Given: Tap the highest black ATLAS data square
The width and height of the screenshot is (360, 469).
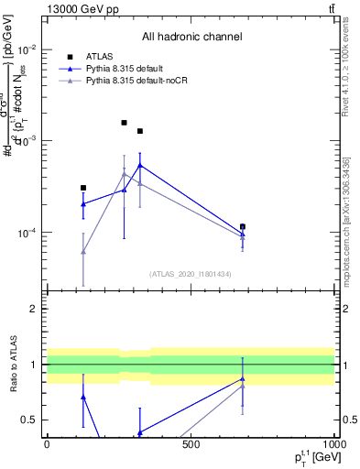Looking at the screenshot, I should (x=125, y=122).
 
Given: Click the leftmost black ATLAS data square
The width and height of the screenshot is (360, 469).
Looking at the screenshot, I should (x=83, y=188).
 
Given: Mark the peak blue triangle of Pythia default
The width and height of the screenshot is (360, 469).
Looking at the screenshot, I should (x=140, y=166).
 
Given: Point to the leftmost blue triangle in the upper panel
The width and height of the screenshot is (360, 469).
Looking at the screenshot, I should (x=83, y=203).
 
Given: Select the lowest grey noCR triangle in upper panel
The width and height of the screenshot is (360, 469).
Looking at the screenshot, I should (x=83, y=251).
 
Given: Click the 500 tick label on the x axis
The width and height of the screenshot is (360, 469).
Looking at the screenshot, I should (x=191, y=445).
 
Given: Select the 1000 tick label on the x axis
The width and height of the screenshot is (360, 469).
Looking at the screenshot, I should (x=333, y=445).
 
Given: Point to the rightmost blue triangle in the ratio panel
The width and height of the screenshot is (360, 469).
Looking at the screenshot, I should (x=243, y=378).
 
